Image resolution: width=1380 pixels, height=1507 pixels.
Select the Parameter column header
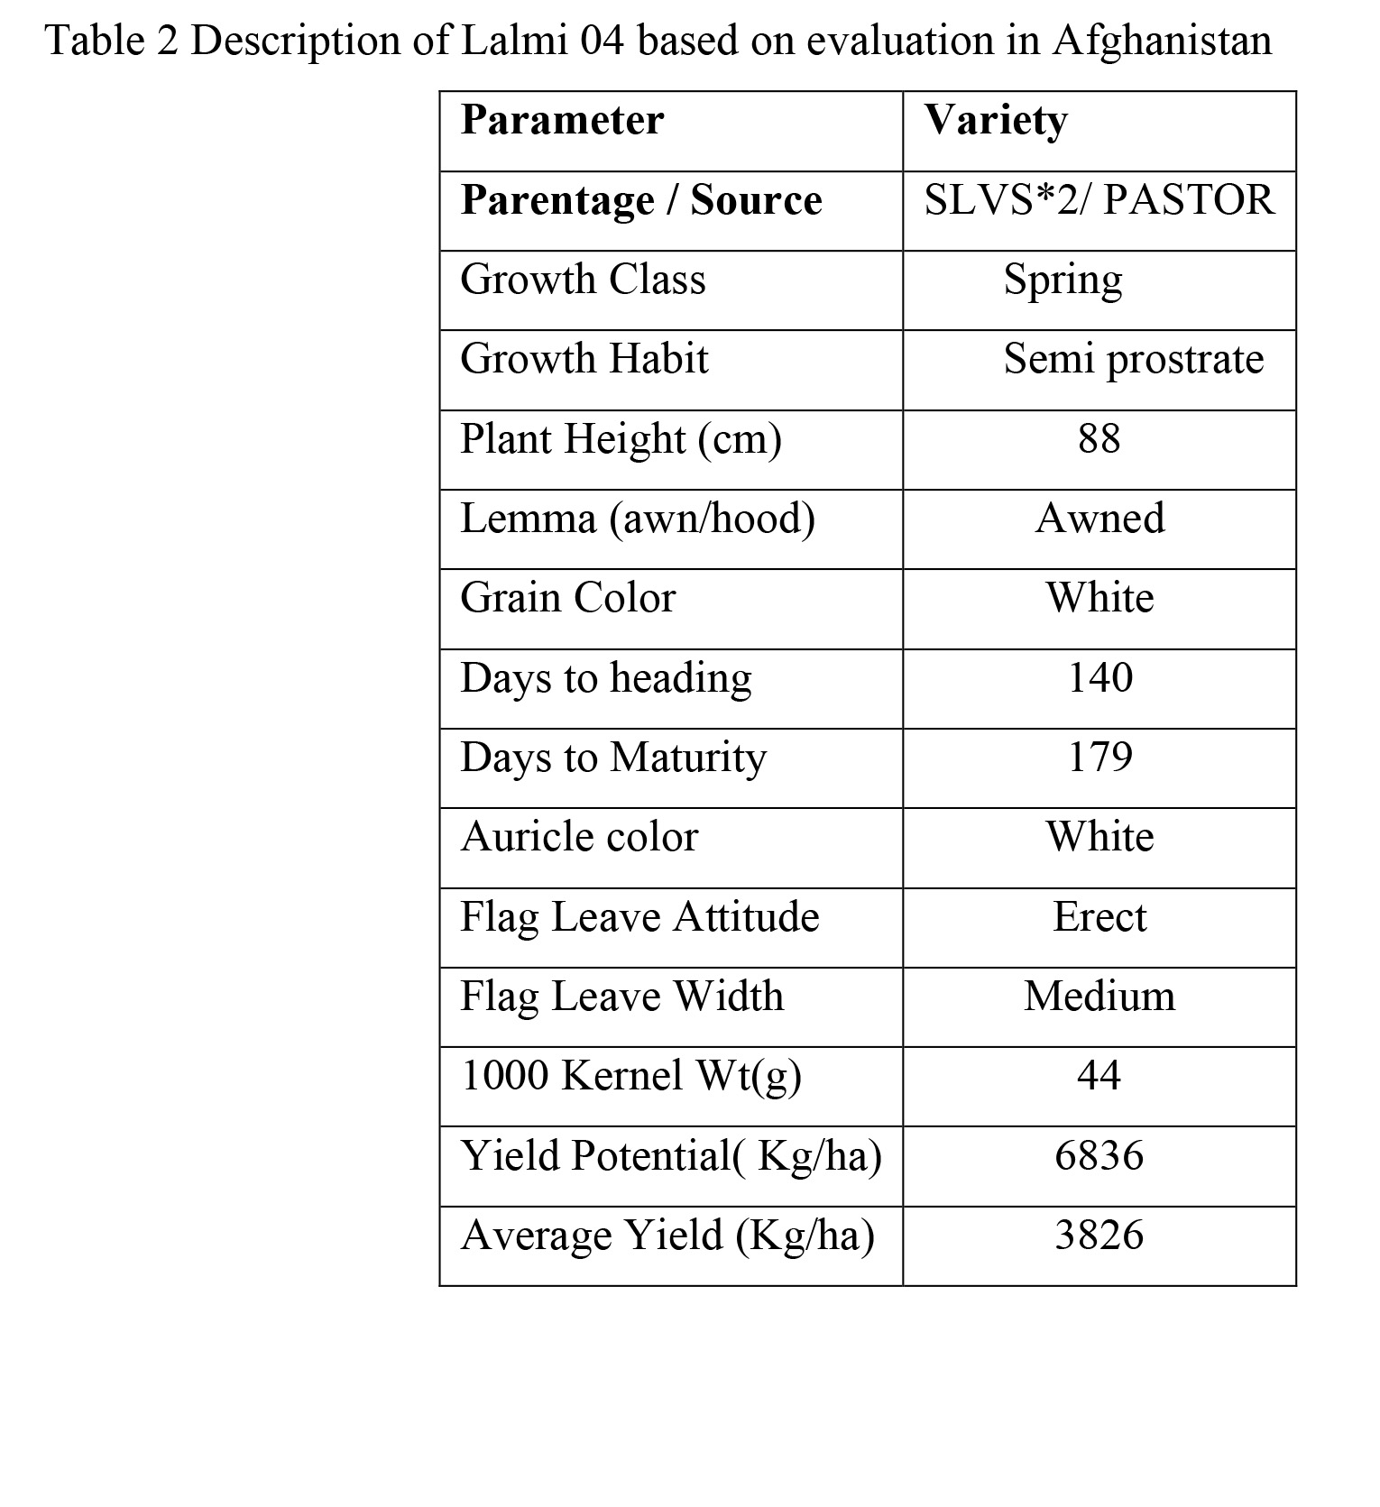(x=562, y=120)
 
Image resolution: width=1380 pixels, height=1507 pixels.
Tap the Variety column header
(x=996, y=120)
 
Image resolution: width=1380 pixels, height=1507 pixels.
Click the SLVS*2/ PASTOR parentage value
(x=1099, y=200)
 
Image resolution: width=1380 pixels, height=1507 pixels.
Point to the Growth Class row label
(x=583, y=280)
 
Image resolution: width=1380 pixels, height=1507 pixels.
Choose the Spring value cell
(x=1063, y=280)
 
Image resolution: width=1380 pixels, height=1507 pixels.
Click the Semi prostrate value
(x=1133, y=359)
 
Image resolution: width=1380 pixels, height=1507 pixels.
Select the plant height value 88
(x=1099, y=439)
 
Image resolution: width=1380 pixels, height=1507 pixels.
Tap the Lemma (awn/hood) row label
(x=637, y=519)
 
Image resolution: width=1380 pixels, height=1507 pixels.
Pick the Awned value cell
(x=1099, y=519)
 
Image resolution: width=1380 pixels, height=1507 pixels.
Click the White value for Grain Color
(x=1099, y=598)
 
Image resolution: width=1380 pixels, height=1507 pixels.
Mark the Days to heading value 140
(x=1099, y=677)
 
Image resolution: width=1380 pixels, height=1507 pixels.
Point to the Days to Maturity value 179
(x=1099, y=758)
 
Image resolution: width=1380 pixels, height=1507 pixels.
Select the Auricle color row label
(x=579, y=837)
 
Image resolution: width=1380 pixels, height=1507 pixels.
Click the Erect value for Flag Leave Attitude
(x=1099, y=917)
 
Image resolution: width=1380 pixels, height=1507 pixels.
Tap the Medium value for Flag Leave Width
(x=1099, y=997)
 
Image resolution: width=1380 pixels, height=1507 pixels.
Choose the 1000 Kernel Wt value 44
(x=1099, y=1076)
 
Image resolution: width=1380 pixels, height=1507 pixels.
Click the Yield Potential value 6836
(x=1099, y=1156)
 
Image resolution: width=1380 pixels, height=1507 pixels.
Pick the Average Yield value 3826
(x=1099, y=1236)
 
